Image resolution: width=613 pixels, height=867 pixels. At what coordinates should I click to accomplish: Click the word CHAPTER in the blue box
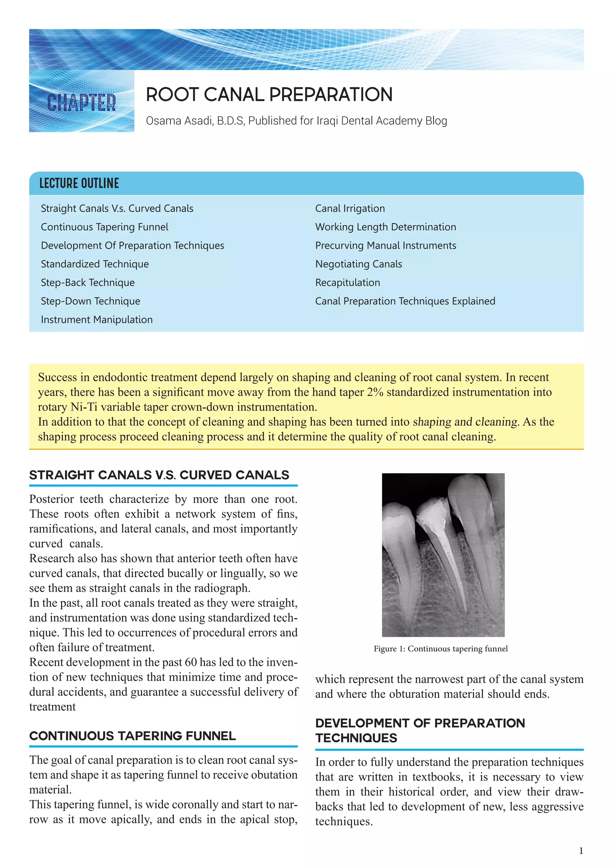click(x=81, y=103)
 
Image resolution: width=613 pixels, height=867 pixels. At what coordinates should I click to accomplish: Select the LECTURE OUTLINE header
click(x=79, y=184)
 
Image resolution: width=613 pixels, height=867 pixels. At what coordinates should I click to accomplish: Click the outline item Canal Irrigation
click(x=350, y=208)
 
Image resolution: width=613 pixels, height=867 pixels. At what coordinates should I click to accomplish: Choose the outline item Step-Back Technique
click(x=88, y=282)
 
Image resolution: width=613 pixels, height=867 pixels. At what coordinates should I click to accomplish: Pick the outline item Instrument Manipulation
click(x=97, y=319)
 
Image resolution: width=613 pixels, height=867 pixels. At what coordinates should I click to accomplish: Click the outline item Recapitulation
click(x=348, y=282)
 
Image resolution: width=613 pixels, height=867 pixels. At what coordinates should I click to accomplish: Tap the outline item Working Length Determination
click(x=386, y=227)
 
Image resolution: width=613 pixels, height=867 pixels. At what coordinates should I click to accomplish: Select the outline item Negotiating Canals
click(x=359, y=264)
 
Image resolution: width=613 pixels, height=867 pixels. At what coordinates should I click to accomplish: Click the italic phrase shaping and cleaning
click(x=465, y=422)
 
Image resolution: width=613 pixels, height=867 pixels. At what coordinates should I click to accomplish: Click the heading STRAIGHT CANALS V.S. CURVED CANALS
click(x=159, y=475)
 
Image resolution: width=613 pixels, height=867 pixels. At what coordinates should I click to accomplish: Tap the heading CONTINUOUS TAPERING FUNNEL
click(x=133, y=736)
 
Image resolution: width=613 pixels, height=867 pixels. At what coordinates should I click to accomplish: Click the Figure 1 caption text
click(x=441, y=649)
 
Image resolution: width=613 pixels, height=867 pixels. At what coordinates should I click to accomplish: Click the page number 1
click(x=581, y=851)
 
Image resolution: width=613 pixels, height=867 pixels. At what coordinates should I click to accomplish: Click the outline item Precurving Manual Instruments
click(x=386, y=245)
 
